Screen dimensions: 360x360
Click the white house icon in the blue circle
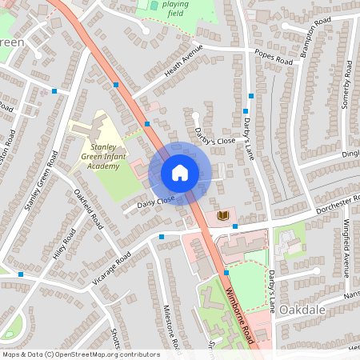click(x=179, y=172)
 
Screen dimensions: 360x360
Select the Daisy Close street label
click(x=155, y=202)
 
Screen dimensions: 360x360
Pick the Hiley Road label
click(x=63, y=246)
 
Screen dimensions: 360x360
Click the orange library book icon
click(x=223, y=216)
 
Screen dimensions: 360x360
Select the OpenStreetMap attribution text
click(x=81, y=354)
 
